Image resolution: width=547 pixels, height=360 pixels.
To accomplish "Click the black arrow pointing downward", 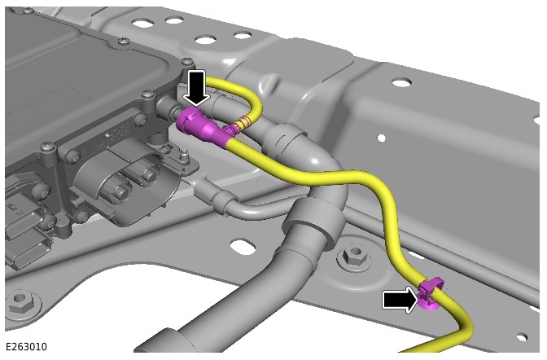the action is click(x=196, y=87).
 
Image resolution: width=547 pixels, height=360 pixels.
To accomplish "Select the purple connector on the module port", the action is click(x=200, y=126).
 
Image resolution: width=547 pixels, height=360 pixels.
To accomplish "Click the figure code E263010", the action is click(x=26, y=347).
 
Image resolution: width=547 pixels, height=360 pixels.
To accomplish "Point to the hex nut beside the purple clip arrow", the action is click(x=354, y=256).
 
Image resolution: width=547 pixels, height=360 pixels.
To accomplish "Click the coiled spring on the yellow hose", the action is click(x=241, y=123).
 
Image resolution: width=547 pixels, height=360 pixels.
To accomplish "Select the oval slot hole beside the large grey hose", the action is click(x=243, y=247).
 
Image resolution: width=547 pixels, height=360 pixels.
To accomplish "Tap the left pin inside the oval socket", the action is click(x=120, y=191).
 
